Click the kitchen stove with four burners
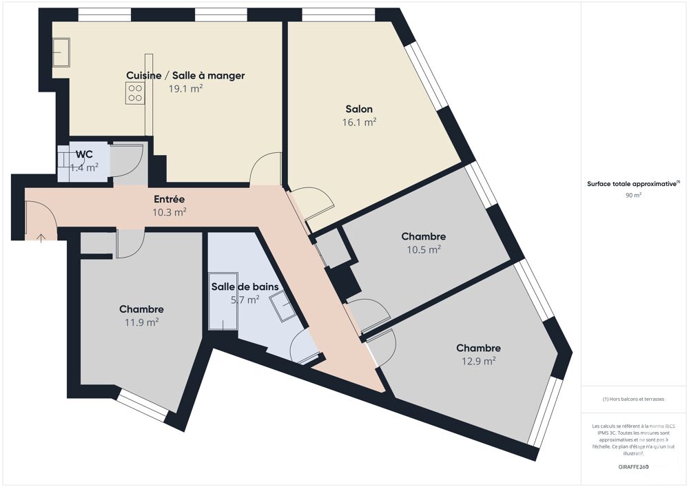pos(135,94)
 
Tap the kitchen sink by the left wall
pos(61,52)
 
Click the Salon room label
pos(359,109)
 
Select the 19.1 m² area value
pos(185,88)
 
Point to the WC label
pos(84,154)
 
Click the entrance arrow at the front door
pos(41,238)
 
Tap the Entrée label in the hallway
pos(169,199)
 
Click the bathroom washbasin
pos(283,306)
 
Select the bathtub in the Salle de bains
pos(223,301)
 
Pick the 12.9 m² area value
pos(479,361)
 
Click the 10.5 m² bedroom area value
pos(424,249)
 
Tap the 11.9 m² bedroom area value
pos(141,322)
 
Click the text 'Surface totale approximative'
pos(631,184)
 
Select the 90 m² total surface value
pos(633,196)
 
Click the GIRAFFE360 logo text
pos(633,467)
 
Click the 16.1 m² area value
pos(359,122)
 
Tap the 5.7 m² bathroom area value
pos(245,300)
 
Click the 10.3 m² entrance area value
pos(169,212)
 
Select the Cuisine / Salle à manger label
pos(185,76)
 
